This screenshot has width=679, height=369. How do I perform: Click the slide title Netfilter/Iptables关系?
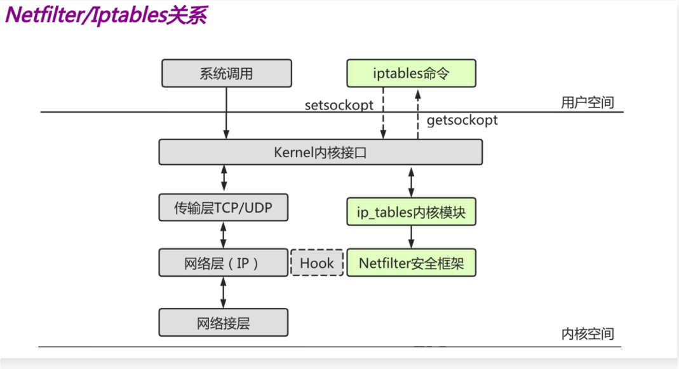tap(107, 16)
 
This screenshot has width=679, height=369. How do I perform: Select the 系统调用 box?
tap(226, 73)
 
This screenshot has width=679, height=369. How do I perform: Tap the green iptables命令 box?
tap(411, 73)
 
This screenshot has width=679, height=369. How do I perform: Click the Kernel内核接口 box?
tap(320, 153)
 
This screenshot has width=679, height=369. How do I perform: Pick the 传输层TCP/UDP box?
tap(223, 207)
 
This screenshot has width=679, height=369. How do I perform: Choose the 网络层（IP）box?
tap(223, 263)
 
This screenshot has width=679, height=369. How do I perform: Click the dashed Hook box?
tap(317, 263)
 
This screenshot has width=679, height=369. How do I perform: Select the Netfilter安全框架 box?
tap(411, 263)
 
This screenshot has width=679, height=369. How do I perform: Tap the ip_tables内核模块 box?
tap(411, 212)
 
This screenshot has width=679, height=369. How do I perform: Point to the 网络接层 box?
tap(223, 323)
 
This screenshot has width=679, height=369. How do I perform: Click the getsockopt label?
tap(462, 120)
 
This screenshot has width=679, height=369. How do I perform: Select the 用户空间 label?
tap(588, 102)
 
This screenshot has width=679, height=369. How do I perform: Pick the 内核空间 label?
tap(588, 333)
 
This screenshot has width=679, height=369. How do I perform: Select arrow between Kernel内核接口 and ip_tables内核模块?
tap(411, 182)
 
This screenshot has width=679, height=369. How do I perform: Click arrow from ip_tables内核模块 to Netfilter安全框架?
tap(411, 237)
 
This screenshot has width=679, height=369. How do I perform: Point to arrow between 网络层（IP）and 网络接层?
tap(223, 293)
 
